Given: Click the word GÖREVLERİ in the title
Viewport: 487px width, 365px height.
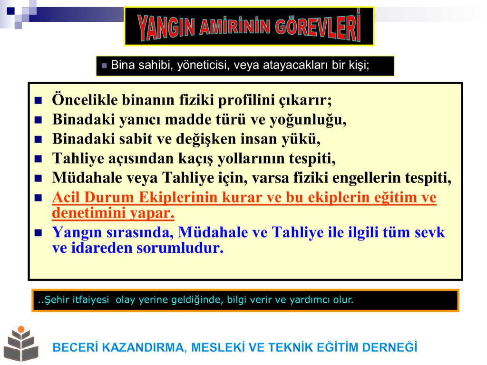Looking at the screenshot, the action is coord(318,26).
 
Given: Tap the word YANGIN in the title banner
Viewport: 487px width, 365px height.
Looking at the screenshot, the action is coord(166,27).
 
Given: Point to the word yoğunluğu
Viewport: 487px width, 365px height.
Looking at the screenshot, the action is coord(308,120).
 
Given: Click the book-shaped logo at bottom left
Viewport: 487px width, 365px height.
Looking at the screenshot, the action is coord(21,344).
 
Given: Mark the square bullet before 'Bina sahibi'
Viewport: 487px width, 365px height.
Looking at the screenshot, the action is coord(104,66).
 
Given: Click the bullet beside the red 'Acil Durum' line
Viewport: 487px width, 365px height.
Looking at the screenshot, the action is coord(38,198).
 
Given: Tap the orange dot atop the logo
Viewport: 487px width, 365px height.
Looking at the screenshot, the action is coord(21,329).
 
